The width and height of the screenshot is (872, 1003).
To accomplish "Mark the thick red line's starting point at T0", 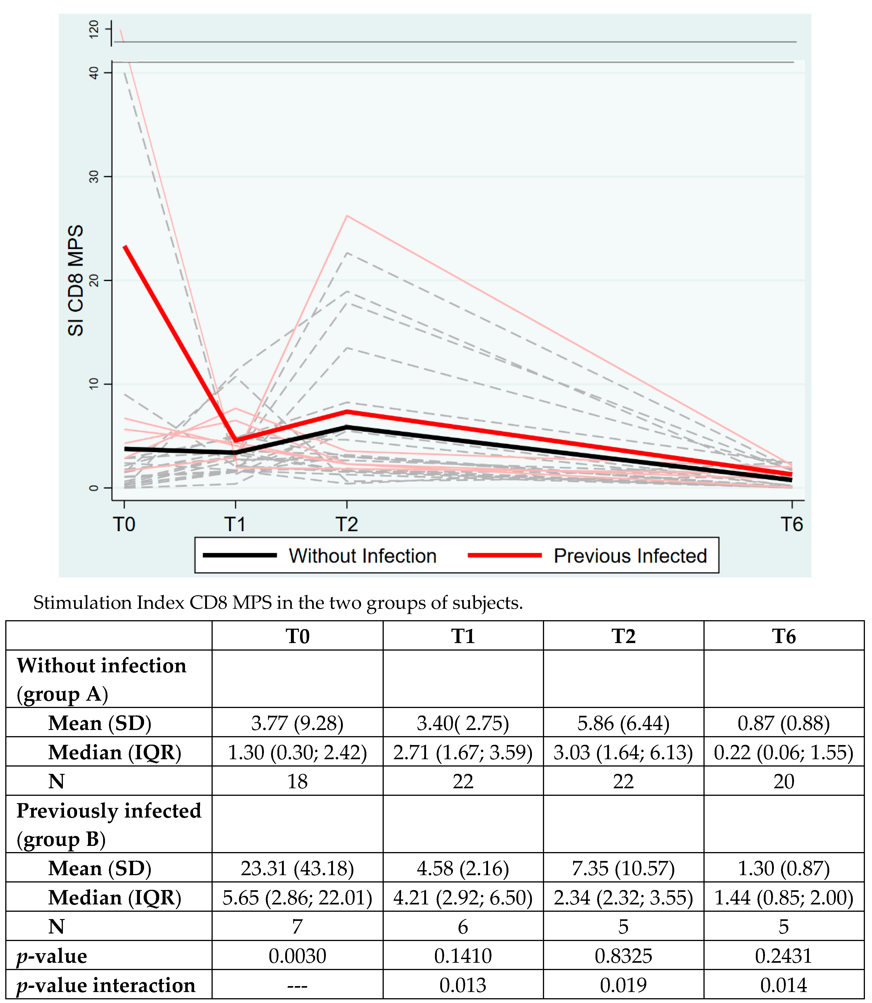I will (125, 247).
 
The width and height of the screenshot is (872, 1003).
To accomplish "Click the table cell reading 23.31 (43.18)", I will (297, 868).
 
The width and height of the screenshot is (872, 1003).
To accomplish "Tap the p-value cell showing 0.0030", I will (297, 956).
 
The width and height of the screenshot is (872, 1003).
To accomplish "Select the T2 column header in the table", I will (623, 637).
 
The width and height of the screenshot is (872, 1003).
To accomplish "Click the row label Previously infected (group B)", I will (108, 825).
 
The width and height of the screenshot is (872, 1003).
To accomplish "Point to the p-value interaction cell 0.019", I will (623, 985).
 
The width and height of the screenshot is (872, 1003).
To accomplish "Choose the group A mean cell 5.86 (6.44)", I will (623, 723).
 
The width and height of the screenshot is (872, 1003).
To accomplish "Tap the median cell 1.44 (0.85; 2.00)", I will (783, 897).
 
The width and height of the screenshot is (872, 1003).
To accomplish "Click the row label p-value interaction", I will (106, 985).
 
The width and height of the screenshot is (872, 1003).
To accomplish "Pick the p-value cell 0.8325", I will (623, 956).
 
